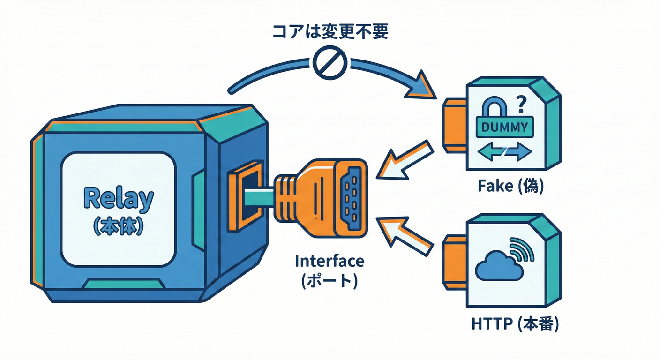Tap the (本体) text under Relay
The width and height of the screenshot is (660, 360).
(x=118, y=226)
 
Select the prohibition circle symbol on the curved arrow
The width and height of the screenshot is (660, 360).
(x=330, y=63)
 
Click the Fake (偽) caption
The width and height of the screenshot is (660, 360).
(x=510, y=187)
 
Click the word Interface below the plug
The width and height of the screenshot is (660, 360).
(x=329, y=262)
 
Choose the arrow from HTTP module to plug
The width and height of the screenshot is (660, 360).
(x=406, y=234)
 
